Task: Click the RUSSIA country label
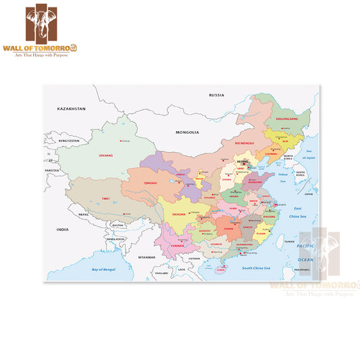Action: tap(216, 95)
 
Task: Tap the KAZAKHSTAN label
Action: tap(71, 108)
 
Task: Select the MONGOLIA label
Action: tap(186, 132)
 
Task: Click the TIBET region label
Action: tap(105, 198)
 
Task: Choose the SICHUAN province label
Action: tap(178, 213)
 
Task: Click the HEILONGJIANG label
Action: tap(286, 117)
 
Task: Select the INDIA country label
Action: tap(62, 230)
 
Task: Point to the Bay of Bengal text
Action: tap(103, 269)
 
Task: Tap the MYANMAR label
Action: tap(147, 257)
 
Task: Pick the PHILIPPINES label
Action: tap(301, 269)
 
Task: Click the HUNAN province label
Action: tap(228, 229)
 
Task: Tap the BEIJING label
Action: tap(242, 162)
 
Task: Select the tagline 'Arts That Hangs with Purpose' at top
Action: tap(52, 54)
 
